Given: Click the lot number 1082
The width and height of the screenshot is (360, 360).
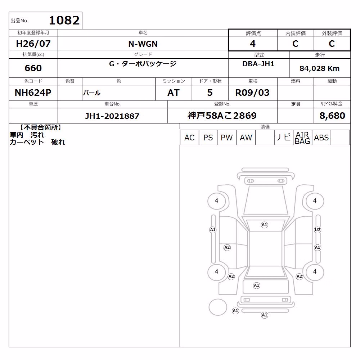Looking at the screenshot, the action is [64, 21].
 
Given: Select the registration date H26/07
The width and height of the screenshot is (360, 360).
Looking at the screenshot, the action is [33, 44].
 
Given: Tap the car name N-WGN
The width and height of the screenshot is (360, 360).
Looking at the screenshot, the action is [143, 44].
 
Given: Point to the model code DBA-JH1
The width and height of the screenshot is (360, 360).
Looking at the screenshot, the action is [258, 64].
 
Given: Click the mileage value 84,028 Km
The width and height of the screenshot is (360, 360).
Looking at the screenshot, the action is [319, 68].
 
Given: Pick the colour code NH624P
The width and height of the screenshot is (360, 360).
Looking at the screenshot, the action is [33, 93].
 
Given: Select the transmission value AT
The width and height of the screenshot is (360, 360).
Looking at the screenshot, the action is [174, 93].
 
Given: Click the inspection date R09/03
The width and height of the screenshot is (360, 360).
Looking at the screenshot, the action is [252, 93].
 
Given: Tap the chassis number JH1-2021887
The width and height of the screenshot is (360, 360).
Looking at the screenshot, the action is [112, 116].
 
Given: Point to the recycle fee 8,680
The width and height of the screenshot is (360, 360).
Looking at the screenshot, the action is [332, 116].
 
